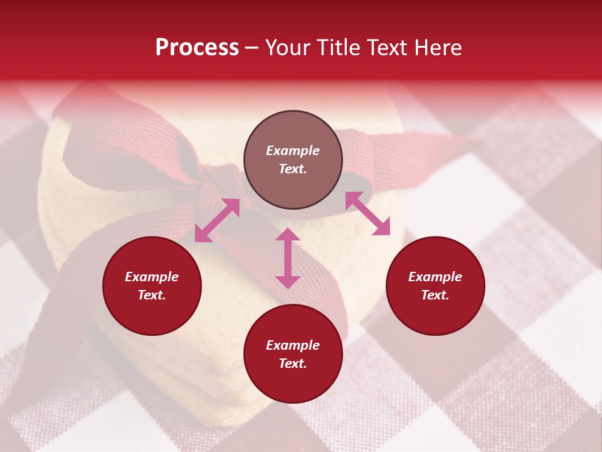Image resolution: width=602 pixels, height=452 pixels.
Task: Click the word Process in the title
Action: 197,48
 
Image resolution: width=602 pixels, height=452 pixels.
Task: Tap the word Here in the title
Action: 438,48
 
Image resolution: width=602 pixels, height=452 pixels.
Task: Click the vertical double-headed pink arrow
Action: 288,258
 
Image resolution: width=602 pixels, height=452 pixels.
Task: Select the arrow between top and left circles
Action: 217,220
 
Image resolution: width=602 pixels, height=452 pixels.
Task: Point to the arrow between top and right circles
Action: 367,213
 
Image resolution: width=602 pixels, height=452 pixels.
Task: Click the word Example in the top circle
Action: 293,151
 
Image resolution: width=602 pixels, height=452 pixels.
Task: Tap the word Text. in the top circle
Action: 293,169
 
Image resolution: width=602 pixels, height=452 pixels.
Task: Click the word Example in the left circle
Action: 152,277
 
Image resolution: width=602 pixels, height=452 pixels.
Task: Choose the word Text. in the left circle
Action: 152,295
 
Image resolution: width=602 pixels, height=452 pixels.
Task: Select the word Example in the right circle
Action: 435,277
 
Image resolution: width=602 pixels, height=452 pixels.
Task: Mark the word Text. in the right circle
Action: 435,295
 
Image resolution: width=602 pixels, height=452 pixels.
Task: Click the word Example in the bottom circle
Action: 293,345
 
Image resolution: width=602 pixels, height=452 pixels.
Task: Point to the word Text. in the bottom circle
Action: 293,363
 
